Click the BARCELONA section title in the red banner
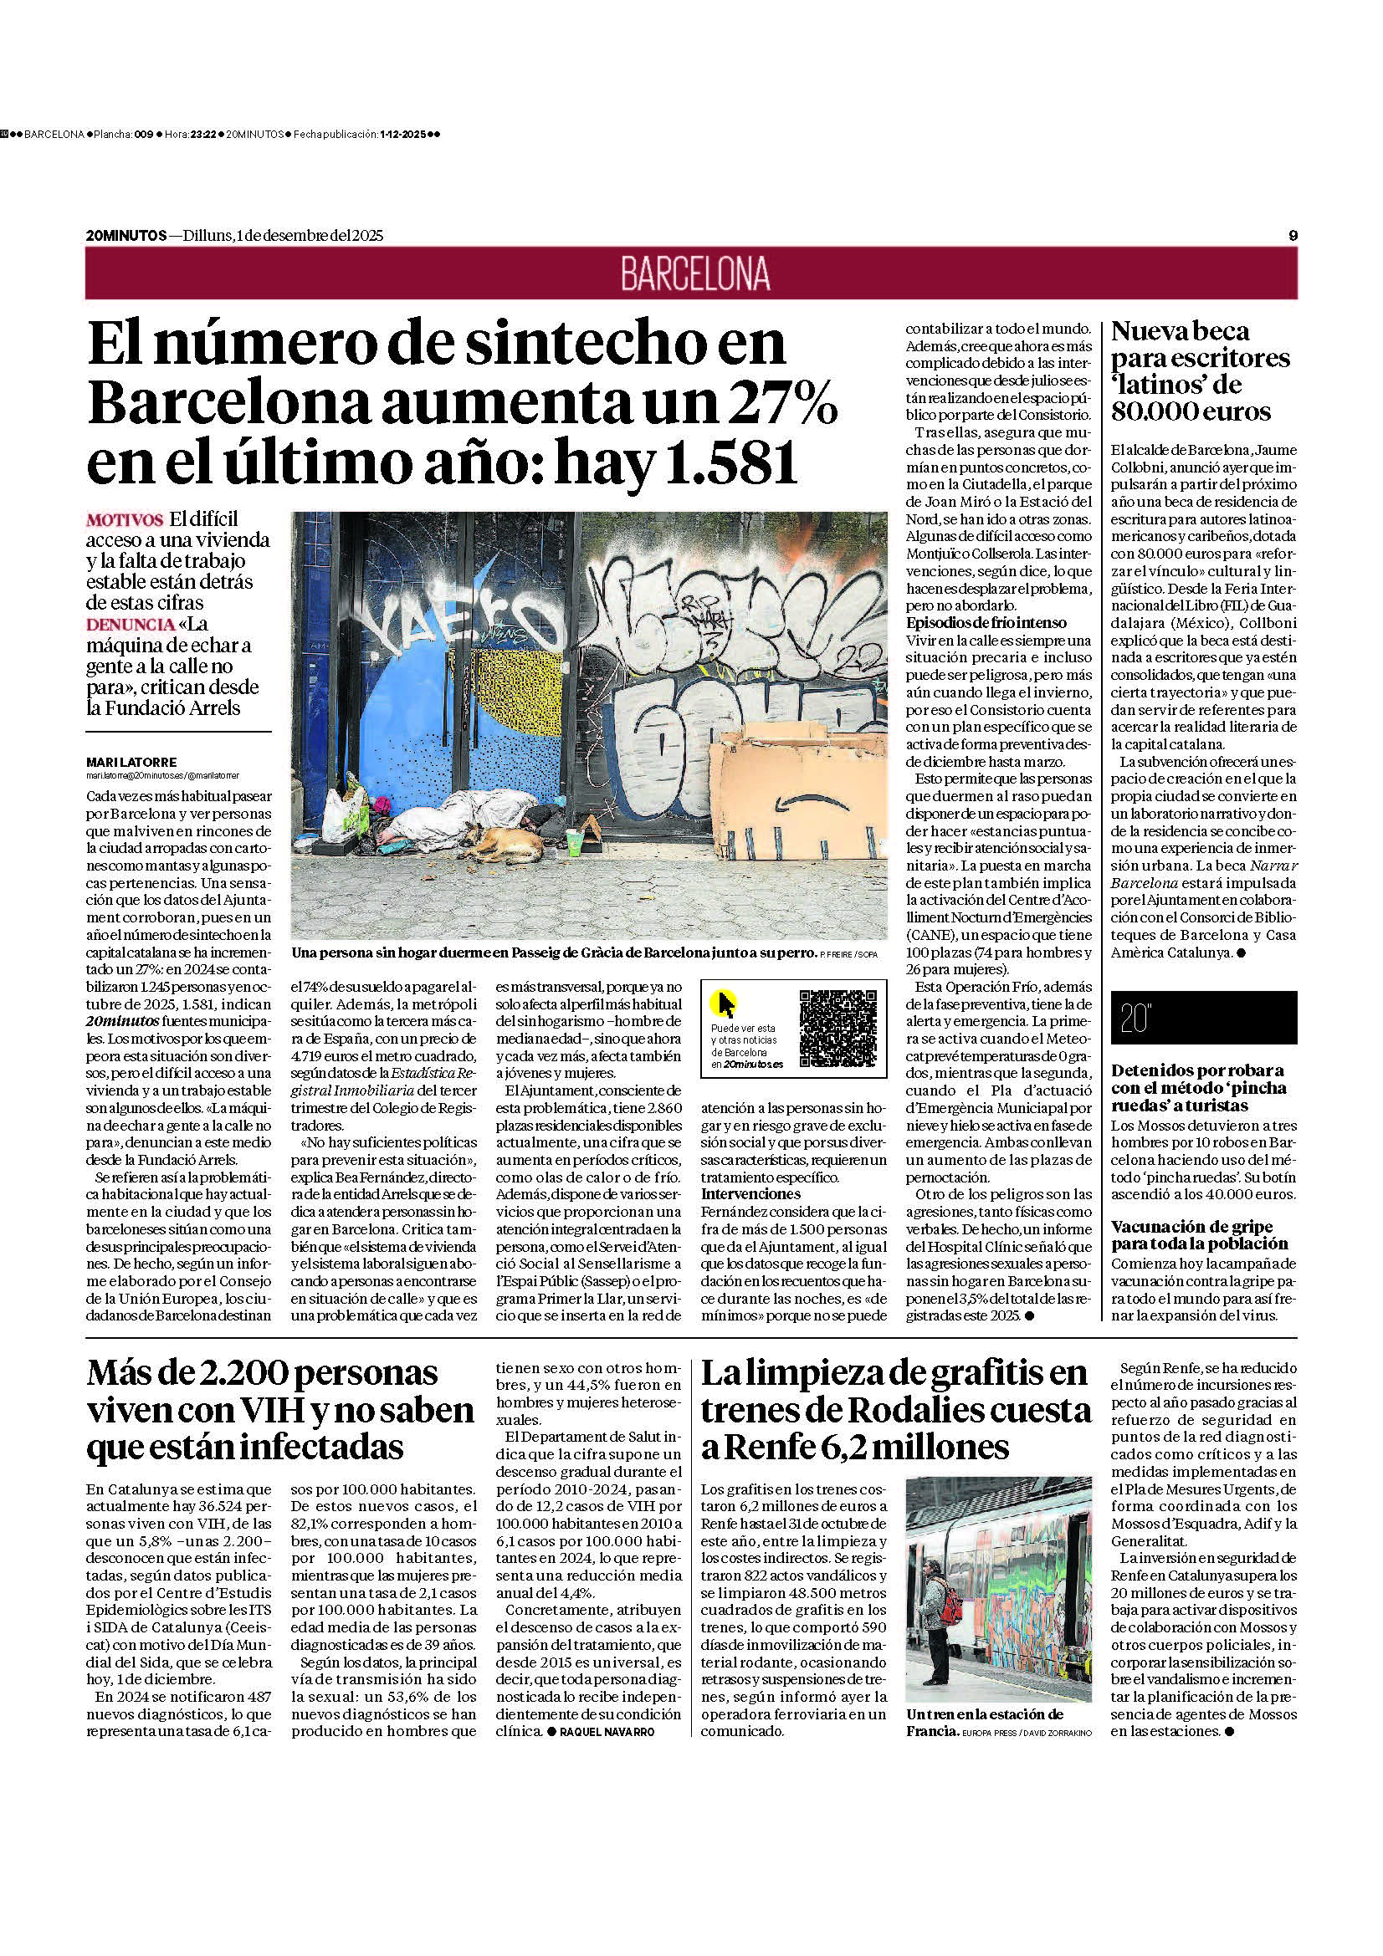(x=694, y=273)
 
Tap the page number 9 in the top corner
(x=1293, y=235)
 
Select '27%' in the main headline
(x=786, y=404)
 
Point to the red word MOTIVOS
(x=125, y=519)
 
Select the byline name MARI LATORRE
(x=131, y=762)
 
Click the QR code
(x=837, y=1028)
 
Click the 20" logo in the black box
(x=1137, y=1019)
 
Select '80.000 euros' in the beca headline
(x=1191, y=411)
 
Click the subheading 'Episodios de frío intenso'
(x=986, y=623)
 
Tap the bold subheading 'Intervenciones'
(x=750, y=1194)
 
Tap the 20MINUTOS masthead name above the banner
(x=126, y=235)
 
